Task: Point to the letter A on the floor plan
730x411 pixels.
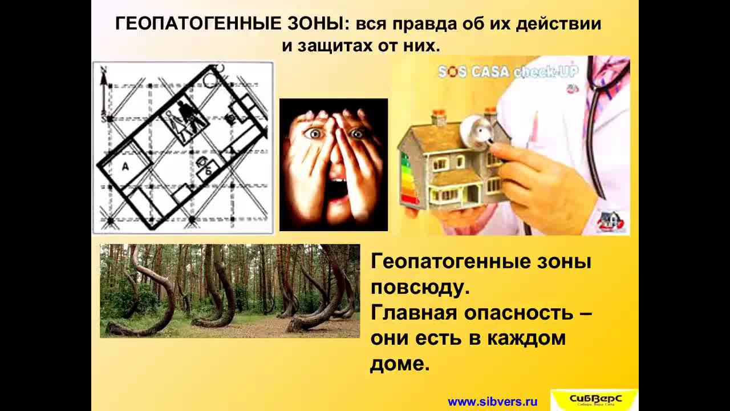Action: point(125,166)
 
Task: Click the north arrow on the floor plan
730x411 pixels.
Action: point(103,91)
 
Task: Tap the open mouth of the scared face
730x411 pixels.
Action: point(339,191)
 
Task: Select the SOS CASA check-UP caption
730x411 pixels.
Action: point(508,72)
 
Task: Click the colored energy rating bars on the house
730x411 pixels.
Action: point(408,177)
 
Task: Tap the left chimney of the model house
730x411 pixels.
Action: point(438,118)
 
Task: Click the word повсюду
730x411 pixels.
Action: point(420,287)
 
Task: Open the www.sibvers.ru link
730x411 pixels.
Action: point(493,401)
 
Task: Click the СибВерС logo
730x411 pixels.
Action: point(594,399)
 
